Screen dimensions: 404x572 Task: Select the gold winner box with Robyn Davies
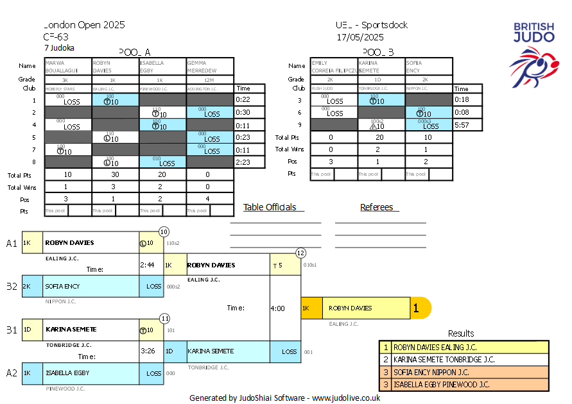pos(365,308)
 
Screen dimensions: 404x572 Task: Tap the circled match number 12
pos(300,253)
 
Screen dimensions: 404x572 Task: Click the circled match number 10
pos(164,231)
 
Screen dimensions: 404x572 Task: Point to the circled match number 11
pos(164,318)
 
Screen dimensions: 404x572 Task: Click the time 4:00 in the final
pos(278,308)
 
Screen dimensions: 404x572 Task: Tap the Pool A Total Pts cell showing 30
pos(115,174)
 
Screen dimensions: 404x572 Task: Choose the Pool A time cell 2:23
pos(242,162)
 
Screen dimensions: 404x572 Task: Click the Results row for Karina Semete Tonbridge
pos(464,359)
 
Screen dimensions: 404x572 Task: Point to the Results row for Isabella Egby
pos(464,385)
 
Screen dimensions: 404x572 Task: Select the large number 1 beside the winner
pos(416,308)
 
